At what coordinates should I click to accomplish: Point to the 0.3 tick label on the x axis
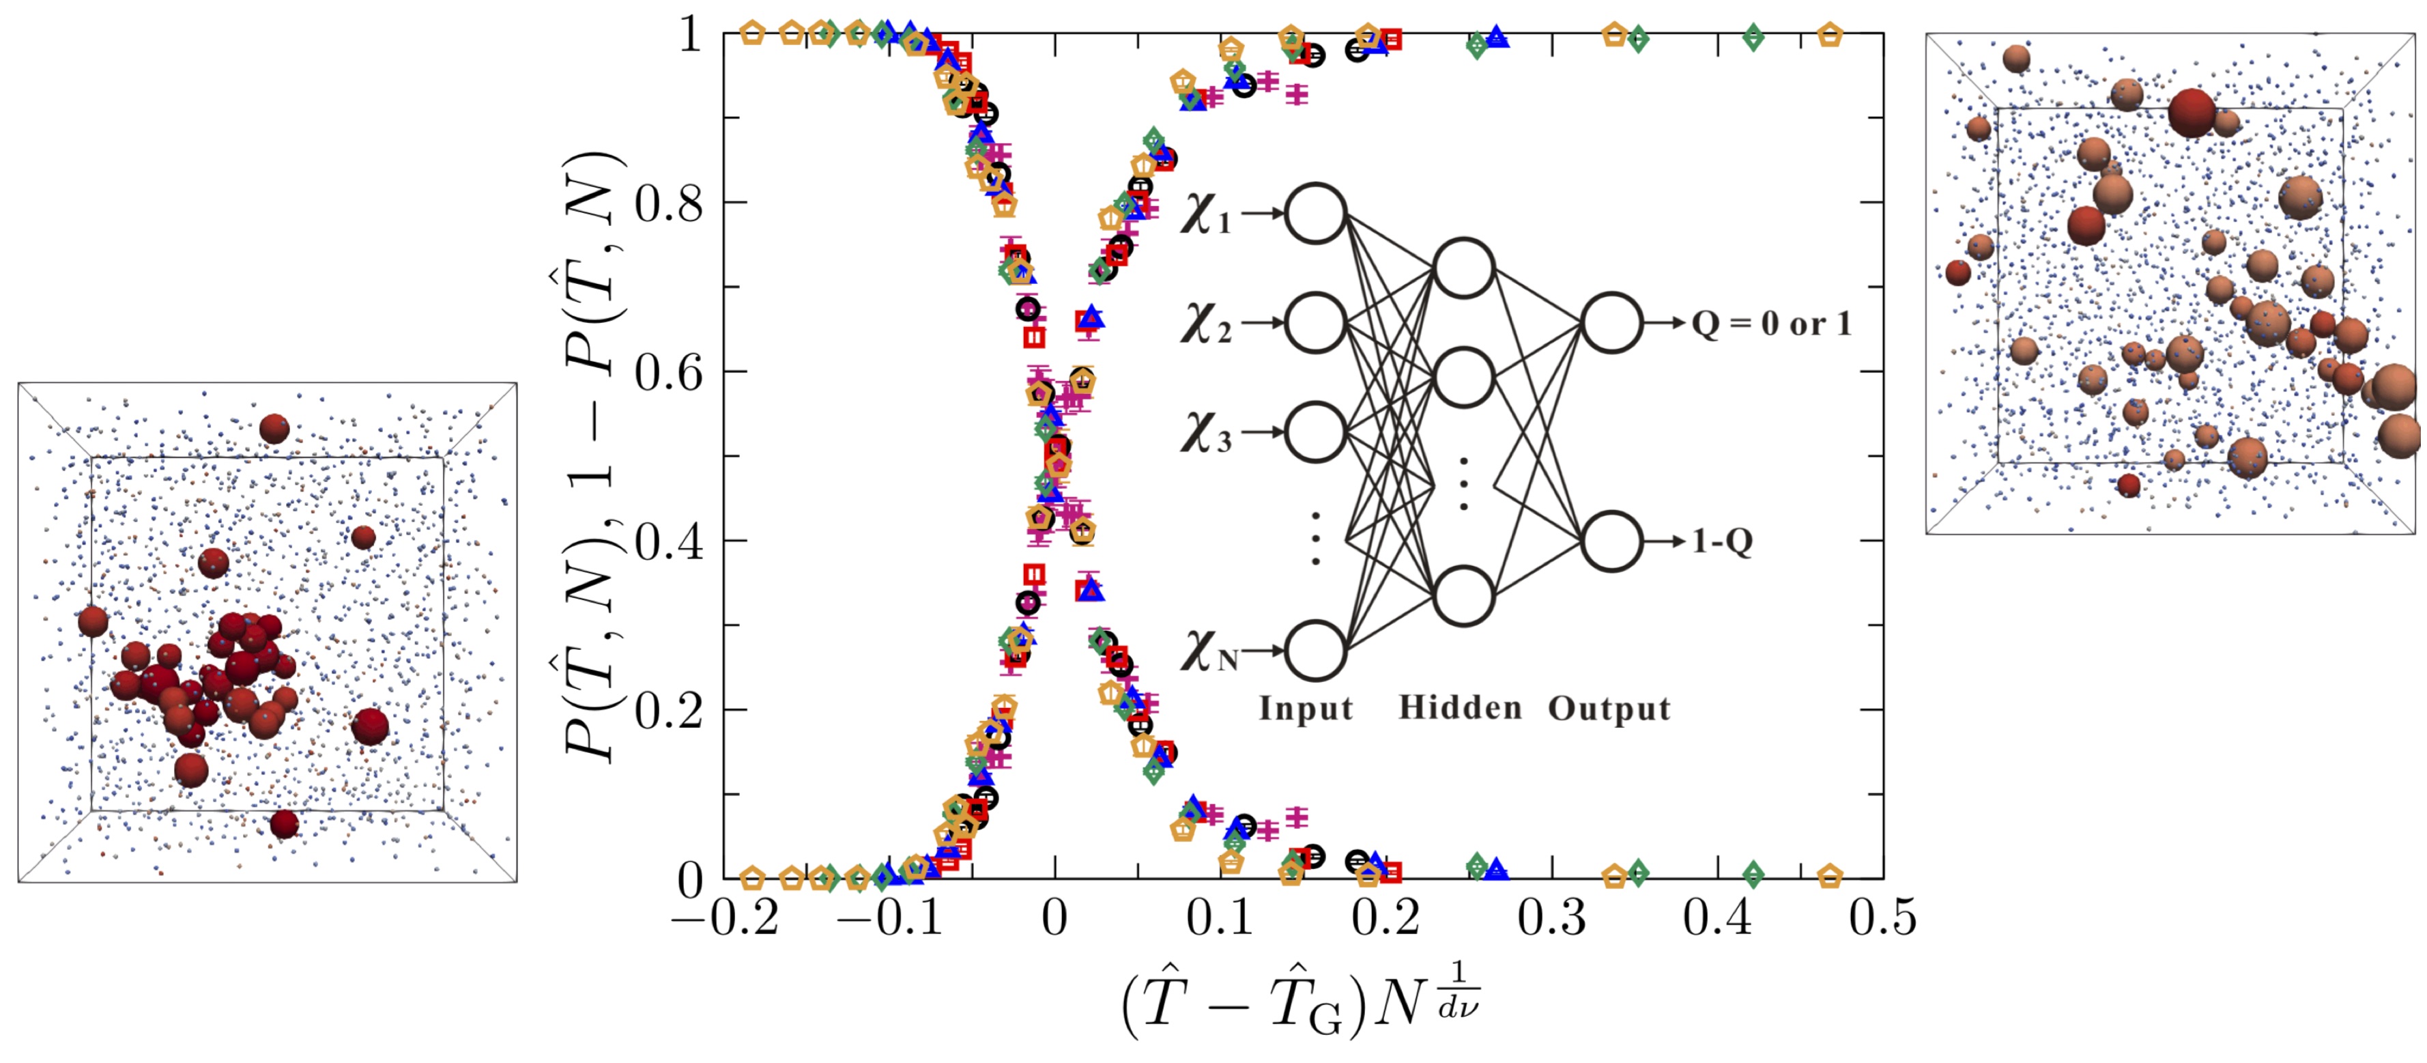point(1551,917)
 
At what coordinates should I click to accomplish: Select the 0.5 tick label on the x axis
point(1882,917)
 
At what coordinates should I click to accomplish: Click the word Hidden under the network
point(1459,708)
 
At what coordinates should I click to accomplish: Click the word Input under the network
point(1306,708)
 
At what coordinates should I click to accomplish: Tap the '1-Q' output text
point(1722,542)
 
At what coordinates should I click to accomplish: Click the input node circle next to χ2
point(1315,322)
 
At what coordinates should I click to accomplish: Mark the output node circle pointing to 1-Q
point(1612,542)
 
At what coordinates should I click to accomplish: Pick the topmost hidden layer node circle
point(1463,268)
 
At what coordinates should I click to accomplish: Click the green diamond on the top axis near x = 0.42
point(1753,38)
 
